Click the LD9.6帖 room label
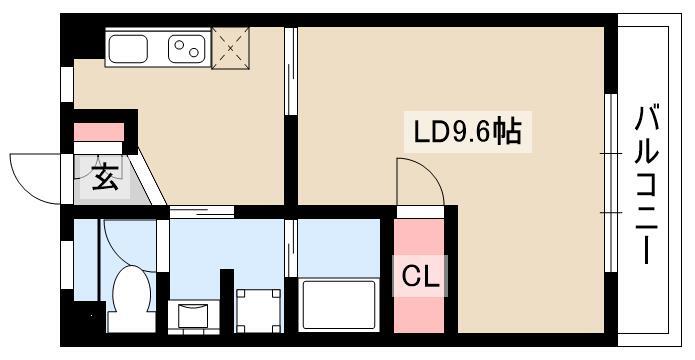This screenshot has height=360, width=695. pos(467,131)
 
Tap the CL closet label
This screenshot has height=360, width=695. pos(420,277)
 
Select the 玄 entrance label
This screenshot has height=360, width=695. pos(105,176)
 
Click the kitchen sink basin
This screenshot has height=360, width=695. pos(128,49)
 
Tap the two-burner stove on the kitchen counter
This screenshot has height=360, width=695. pos(187,49)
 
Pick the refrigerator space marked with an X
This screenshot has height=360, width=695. pos(230,48)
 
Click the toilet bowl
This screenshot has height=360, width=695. pos(131,298)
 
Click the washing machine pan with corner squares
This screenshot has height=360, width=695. pos(259,310)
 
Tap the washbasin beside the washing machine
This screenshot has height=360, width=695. pos(193,315)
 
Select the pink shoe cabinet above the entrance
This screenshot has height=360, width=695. pos(98,132)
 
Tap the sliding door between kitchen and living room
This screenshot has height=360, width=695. pos(290,71)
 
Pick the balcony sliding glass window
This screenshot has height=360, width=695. pos(611,183)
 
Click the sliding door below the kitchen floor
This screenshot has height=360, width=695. pos(202,212)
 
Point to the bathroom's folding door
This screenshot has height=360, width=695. pos(291,248)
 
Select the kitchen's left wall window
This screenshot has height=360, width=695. pos(67,84)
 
